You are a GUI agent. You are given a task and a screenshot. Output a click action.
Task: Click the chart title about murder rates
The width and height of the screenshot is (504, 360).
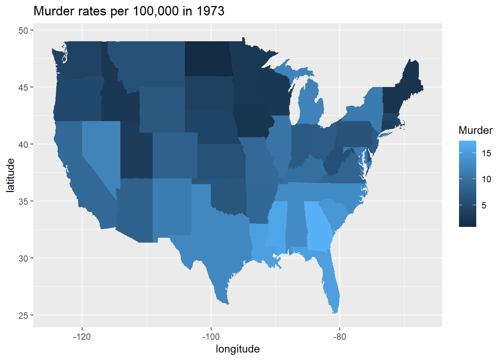129,11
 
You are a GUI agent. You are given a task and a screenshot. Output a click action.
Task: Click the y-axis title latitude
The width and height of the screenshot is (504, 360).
10,175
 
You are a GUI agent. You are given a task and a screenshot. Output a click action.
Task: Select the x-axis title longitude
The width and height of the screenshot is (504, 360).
237,349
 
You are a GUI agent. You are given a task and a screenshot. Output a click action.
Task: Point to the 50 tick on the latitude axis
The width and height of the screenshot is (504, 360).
23,30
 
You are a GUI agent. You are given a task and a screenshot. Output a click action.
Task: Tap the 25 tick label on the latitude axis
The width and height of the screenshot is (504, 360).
23,315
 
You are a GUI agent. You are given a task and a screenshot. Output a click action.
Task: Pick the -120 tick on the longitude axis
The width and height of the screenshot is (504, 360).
82,336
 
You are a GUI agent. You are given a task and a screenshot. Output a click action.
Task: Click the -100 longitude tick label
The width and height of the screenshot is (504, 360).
211,336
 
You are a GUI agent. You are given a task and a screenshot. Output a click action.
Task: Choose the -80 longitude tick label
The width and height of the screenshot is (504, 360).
339,336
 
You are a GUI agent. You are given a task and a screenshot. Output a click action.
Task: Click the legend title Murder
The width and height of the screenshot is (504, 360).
475,130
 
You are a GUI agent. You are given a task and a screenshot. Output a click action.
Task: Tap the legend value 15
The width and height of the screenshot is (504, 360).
486,153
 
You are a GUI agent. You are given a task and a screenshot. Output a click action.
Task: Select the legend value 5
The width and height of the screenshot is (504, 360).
484,205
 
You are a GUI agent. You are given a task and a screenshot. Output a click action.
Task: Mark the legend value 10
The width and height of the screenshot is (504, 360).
486,179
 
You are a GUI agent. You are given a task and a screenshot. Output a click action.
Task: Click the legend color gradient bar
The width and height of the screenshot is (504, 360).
467,184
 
